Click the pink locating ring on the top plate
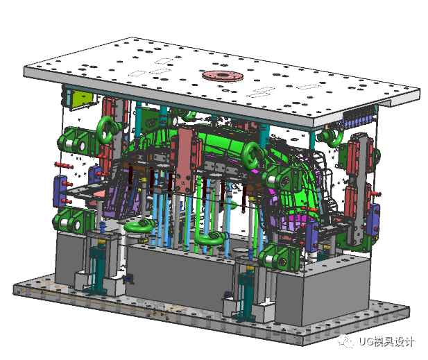click(x=223, y=76)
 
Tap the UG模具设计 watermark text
click(x=386, y=341)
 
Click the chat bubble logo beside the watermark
click(x=345, y=341)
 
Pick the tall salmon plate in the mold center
click(x=186, y=160)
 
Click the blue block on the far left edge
click(x=60, y=191)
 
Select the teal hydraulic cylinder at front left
click(x=98, y=269)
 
